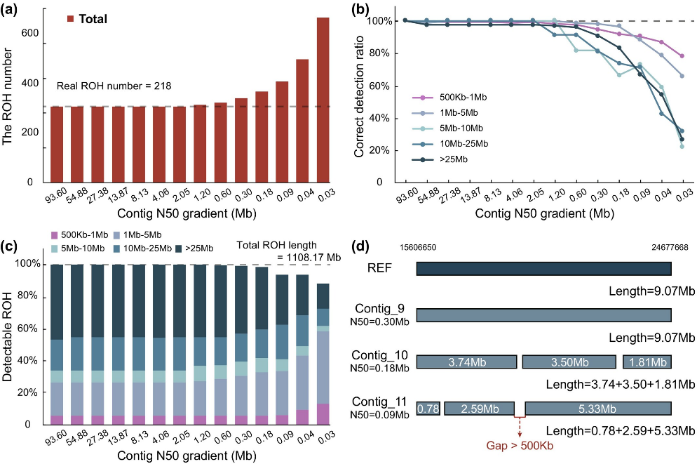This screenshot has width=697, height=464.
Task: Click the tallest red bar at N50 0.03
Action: (323, 100)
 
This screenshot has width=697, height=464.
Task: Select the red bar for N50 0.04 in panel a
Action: (302, 121)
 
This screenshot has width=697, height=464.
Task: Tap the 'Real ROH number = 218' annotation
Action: (114, 86)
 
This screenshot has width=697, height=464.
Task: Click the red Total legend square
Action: (71, 19)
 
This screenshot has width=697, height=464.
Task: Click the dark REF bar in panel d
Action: (543, 268)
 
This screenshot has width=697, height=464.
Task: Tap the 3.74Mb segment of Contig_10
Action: (466, 362)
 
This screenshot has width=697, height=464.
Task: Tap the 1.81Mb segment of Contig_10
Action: (647, 362)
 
